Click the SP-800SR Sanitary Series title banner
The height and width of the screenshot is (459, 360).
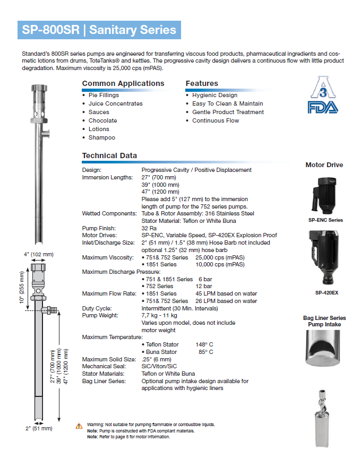(99, 30)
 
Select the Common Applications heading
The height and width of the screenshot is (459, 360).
(123, 83)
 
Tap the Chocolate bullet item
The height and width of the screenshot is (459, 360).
(102, 120)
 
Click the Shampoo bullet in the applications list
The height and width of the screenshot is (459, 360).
(101, 137)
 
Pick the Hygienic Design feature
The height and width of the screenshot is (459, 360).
(215, 95)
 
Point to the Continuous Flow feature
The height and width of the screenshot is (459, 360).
(216, 120)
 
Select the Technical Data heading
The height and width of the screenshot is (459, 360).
(109, 155)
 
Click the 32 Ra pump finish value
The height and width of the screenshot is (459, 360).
(149, 228)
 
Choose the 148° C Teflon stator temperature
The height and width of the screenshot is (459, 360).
(204, 344)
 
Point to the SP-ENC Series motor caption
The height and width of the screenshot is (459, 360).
(325, 220)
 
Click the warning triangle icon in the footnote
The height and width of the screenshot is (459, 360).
(79, 425)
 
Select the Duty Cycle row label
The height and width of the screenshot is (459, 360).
(96, 308)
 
